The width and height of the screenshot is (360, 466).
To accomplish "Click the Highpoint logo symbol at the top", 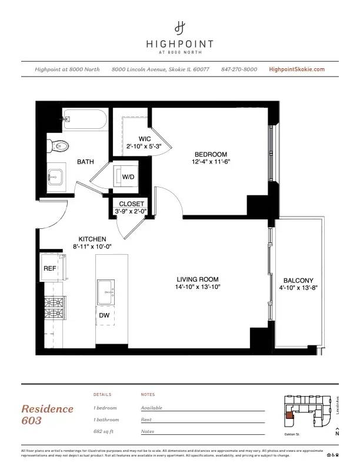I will (180, 26).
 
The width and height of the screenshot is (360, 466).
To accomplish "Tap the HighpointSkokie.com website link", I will (296, 69).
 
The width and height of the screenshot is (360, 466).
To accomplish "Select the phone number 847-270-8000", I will (239, 69).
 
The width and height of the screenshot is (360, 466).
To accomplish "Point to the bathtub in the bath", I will (85, 121).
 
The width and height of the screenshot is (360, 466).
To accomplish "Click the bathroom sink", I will (58, 176).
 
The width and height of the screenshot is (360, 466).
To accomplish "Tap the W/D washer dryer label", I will (128, 177).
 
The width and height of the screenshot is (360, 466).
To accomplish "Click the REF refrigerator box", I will (49, 268).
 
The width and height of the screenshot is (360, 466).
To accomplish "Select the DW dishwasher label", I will (104, 315).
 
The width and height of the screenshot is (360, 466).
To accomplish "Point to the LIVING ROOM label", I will (198, 279).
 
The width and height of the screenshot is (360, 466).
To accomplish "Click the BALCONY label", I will (298, 281).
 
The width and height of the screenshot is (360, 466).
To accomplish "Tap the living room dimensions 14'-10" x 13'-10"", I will (198, 287).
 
